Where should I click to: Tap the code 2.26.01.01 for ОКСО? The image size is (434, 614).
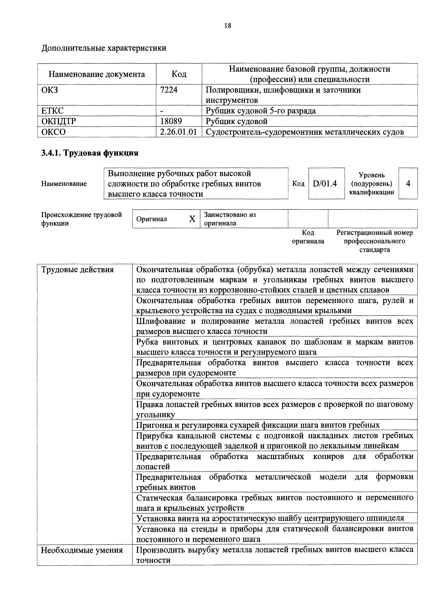[x=178, y=132]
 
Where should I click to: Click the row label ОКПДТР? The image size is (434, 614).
[x=59, y=121]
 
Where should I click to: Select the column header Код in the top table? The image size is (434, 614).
[x=179, y=74]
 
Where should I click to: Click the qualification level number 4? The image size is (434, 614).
[x=408, y=183]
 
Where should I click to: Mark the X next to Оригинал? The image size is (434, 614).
[x=192, y=219]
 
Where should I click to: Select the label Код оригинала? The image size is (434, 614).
[x=308, y=237]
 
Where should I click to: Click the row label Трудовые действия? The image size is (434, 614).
[x=77, y=270]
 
